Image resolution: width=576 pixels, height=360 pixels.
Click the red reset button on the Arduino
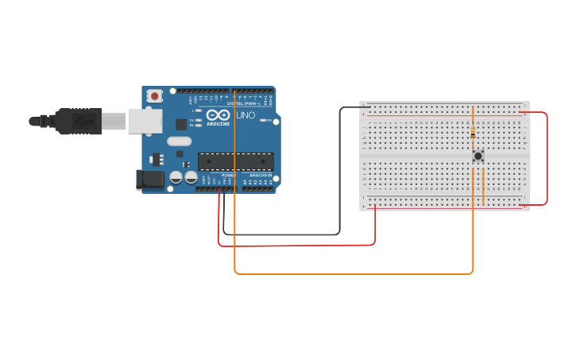coord(154,96)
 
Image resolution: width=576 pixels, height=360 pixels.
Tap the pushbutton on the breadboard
coord(478,156)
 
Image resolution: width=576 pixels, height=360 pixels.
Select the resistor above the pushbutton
coord(474,132)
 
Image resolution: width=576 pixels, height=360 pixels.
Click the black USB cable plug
coord(75,121)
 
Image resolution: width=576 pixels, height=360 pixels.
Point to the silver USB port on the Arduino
coord(145,120)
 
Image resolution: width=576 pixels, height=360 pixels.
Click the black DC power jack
coord(149,180)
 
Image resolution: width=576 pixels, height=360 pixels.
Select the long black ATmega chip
coord(235,161)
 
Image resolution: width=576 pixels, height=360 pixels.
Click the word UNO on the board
coord(245,115)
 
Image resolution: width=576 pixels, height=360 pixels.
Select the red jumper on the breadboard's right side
coord(547,159)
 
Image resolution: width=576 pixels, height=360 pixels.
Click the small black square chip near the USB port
coord(181,124)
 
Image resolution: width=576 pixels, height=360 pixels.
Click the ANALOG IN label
coord(259,175)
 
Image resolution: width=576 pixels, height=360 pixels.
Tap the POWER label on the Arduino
coord(229,175)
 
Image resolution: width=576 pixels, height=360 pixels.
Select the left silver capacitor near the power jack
coord(176,178)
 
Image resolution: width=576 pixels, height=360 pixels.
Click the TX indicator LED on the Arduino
coord(197,120)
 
